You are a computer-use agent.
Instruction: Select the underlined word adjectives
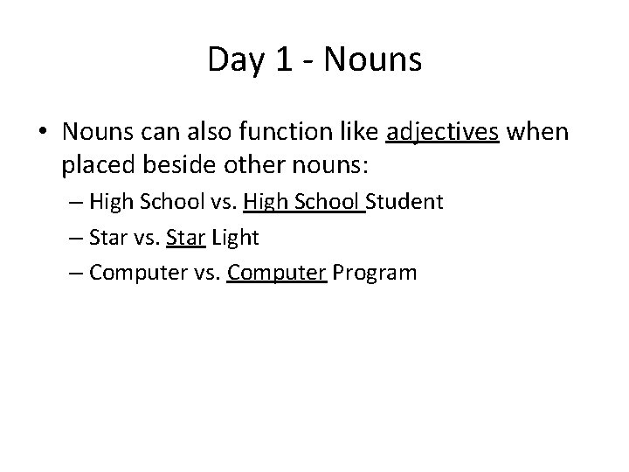point(442,133)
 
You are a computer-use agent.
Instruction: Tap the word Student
point(405,203)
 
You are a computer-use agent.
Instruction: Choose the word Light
point(236,238)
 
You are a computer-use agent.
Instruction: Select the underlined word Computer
point(276,273)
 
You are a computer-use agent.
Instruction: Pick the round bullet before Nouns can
point(43,134)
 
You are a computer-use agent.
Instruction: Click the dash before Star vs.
point(73,239)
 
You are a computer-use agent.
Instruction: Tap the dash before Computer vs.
point(73,274)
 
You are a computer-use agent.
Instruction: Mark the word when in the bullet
point(537,133)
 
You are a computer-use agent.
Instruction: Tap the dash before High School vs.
point(73,204)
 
